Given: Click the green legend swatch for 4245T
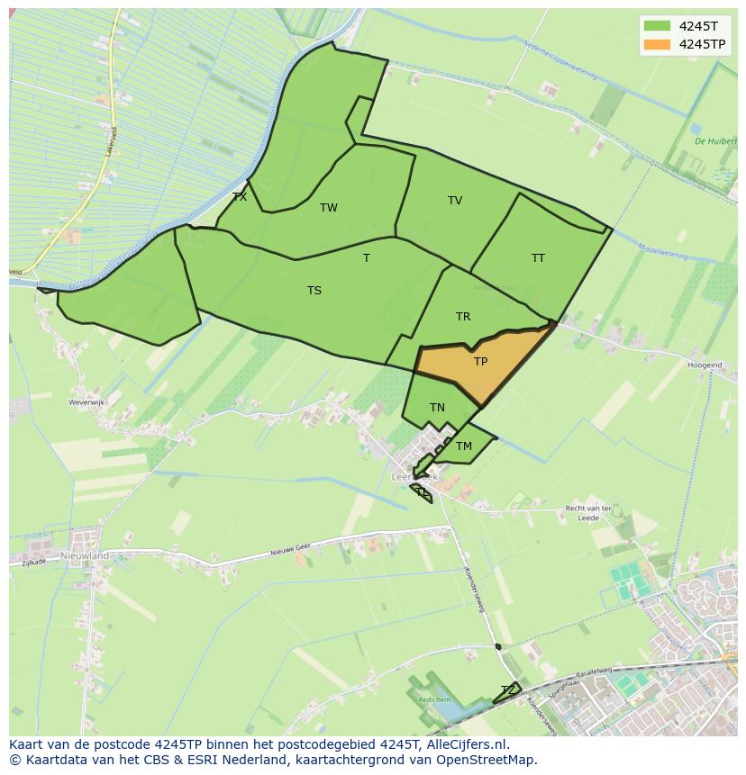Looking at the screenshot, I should tap(657, 26).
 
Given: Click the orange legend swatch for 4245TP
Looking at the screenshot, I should tap(657, 44).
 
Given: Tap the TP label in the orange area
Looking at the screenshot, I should tap(480, 362).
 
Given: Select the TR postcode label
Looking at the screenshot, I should tap(463, 317).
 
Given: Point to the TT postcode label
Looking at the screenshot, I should tap(538, 258).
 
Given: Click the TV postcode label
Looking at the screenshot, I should tap(455, 201).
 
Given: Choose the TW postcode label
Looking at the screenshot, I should tap(329, 208).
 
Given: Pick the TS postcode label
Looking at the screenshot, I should tap(314, 291).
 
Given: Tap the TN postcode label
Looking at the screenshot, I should tap(437, 408).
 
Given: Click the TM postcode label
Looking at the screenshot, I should tap(464, 446).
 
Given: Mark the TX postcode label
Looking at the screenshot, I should tap(239, 197).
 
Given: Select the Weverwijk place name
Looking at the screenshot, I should tap(87, 403).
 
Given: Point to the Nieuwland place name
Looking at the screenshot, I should tap(85, 556).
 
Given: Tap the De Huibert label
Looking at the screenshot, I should tap(715, 141).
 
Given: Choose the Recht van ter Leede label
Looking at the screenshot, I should tap(588, 513).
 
